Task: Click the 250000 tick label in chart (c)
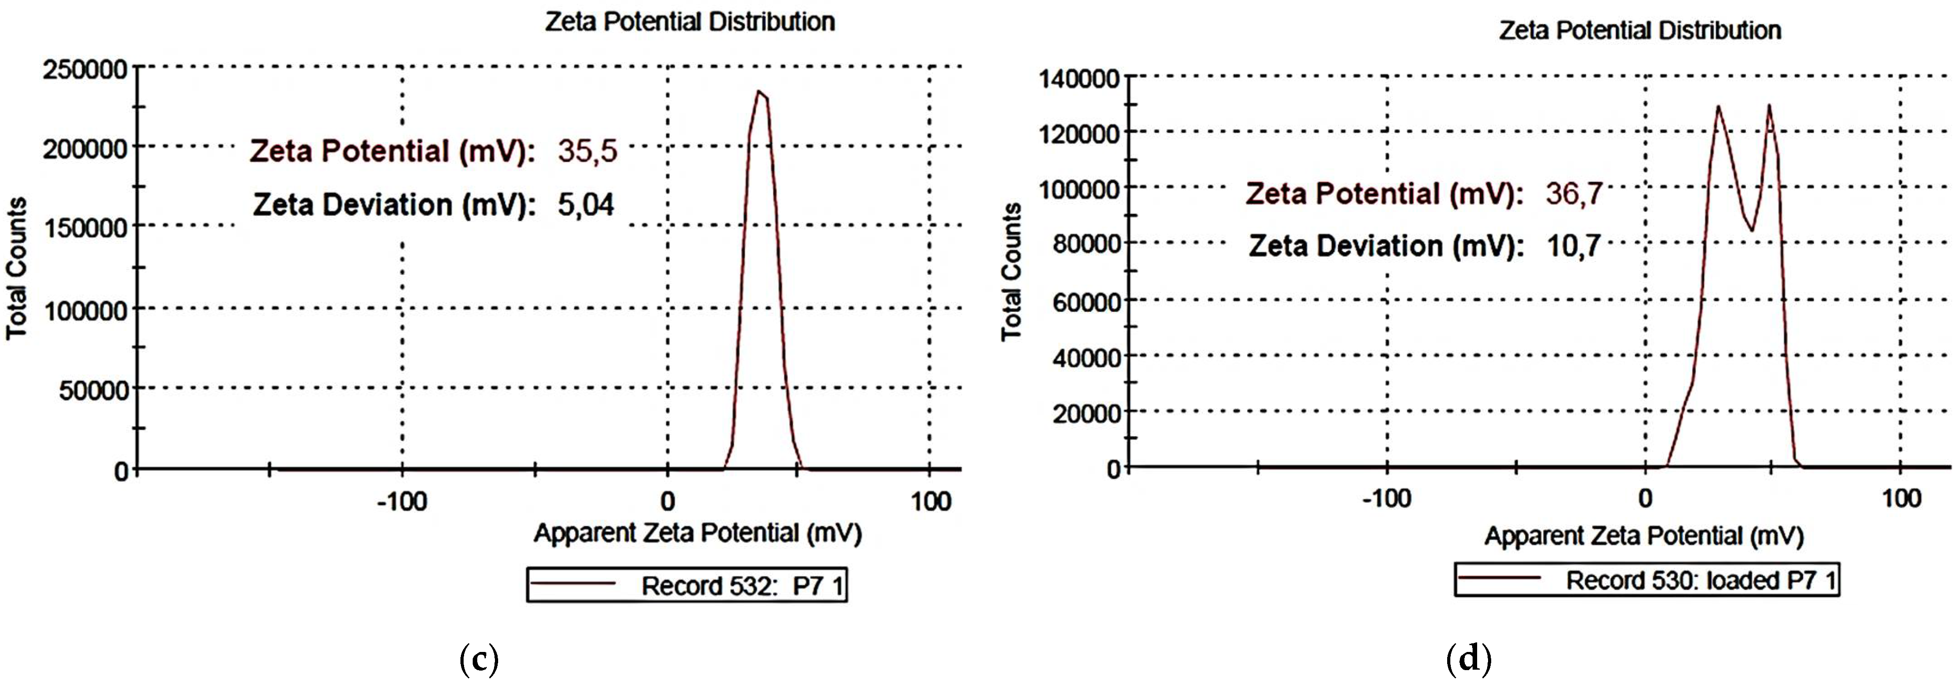tap(85, 70)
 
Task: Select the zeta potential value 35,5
tap(587, 151)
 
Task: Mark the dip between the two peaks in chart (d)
tap(1751, 230)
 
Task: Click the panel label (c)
tap(479, 659)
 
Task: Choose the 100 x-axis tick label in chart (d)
tap(1900, 499)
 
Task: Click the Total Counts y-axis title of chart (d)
tap(1011, 271)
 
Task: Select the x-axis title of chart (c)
tap(697, 533)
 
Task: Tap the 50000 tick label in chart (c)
tap(94, 390)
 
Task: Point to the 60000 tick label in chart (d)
tap(1087, 301)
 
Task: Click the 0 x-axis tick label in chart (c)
tap(667, 502)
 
